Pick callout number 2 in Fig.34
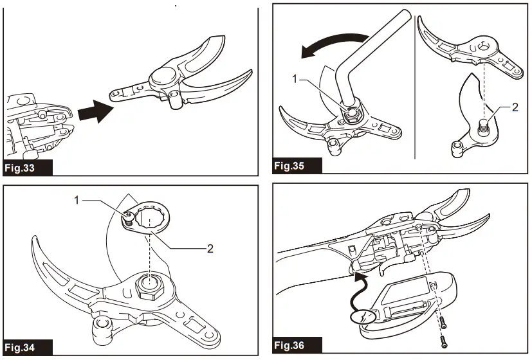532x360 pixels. coord(210,248)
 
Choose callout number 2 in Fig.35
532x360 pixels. coord(515,107)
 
